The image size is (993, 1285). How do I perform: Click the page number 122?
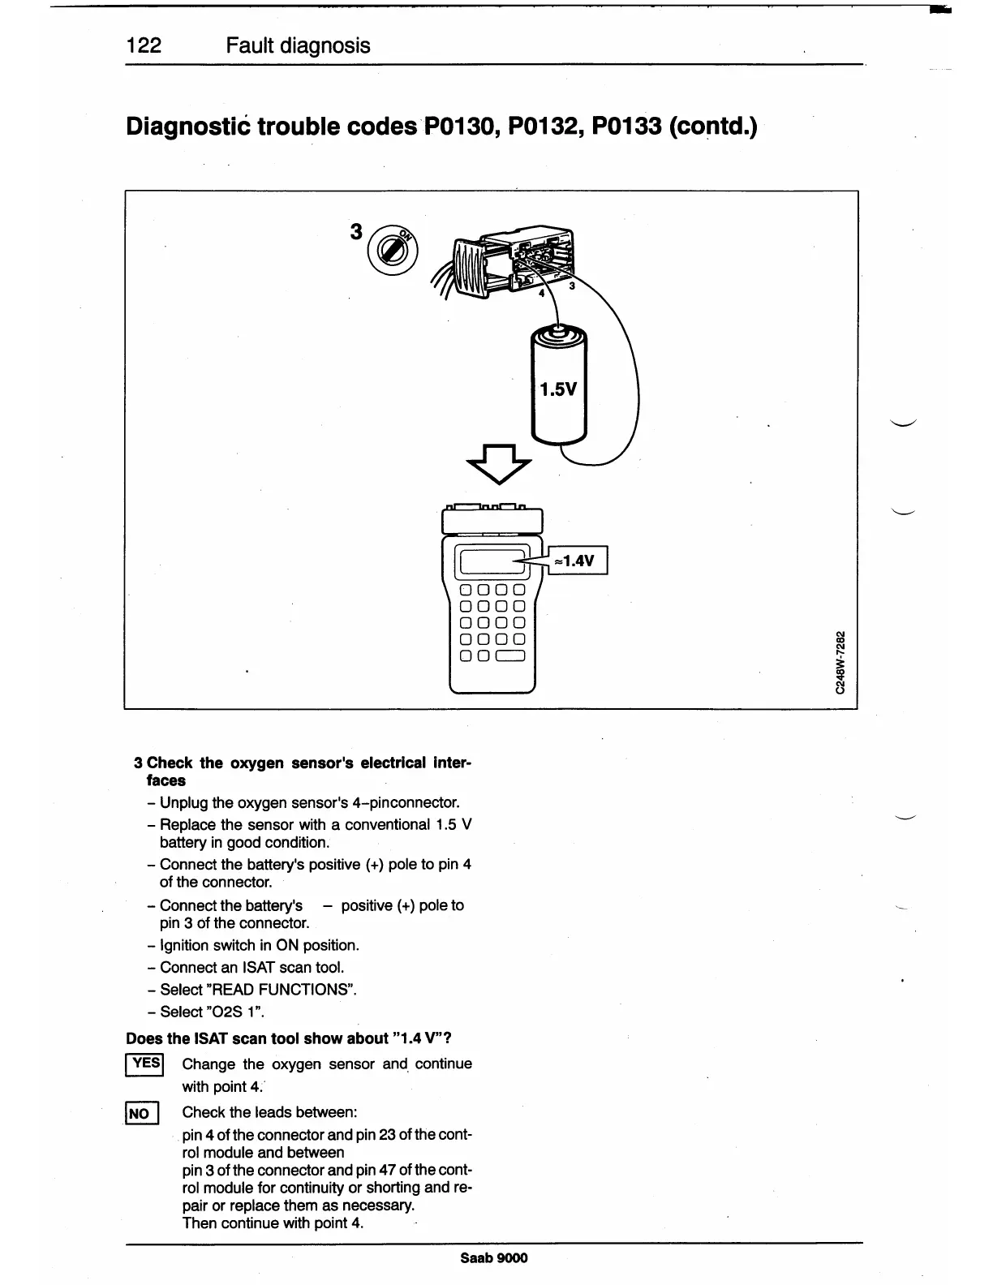click(x=144, y=45)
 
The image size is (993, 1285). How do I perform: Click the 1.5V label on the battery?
click(x=558, y=389)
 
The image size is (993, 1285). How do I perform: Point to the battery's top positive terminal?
click(x=558, y=330)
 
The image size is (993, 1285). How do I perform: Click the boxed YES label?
click(x=146, y=1063)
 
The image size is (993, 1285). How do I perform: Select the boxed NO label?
click(x=140, y=1113)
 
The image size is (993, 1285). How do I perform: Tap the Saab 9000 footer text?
click(x=493, y=1257)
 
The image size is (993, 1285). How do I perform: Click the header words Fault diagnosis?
click(x=298, y=45)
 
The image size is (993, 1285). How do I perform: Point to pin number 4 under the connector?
click(x=542, y=293)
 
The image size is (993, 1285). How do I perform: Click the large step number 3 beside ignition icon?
click(x=355, y=232)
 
